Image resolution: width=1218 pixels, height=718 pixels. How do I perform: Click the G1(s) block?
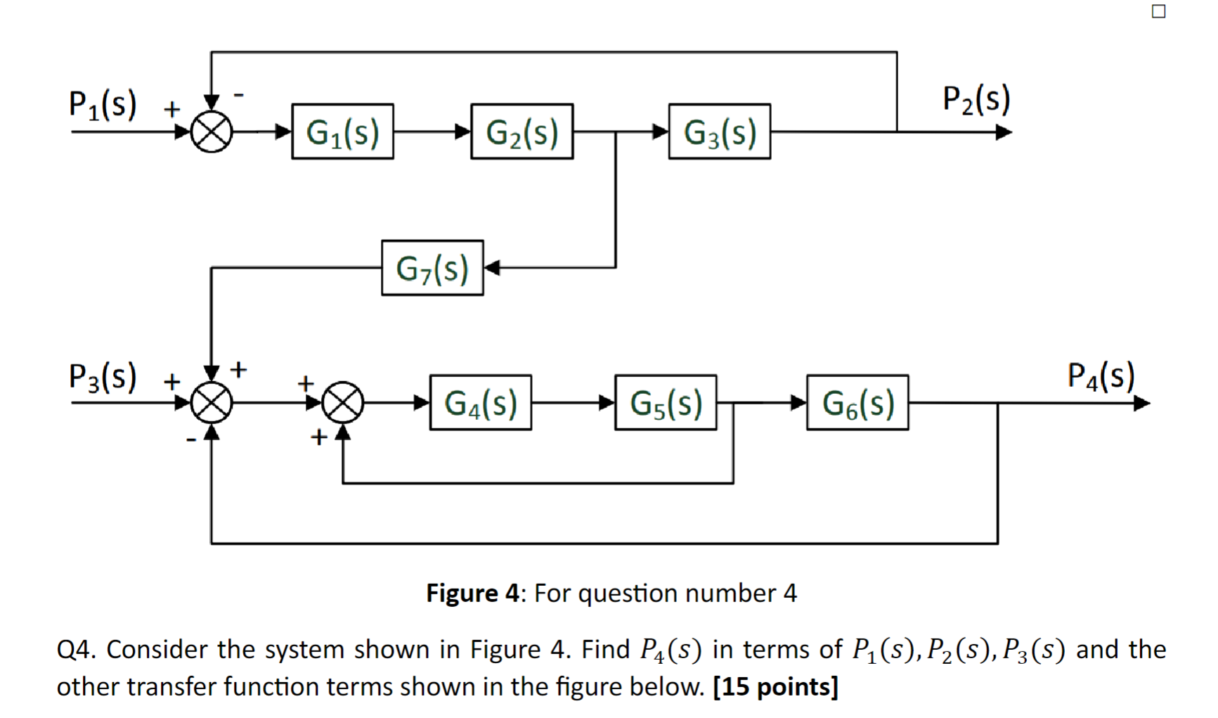pos(342,132)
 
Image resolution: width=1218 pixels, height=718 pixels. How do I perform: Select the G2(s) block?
pos(521,132)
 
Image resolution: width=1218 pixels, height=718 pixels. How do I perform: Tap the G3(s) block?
pos(719,132)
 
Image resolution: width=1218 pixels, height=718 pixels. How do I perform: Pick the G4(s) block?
pos(480,403)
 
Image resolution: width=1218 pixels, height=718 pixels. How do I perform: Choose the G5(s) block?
pos(666,403)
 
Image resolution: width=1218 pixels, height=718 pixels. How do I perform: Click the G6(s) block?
pos(857,403)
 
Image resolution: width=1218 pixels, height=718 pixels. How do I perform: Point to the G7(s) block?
pos(432,268)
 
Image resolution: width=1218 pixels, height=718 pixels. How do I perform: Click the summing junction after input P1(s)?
pos(212,132)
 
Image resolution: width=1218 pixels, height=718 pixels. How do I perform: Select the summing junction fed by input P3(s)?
pos(212,403)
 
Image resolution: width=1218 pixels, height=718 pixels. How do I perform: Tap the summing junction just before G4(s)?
pos(342,403)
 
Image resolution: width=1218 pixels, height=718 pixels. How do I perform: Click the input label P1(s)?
pos(103,105)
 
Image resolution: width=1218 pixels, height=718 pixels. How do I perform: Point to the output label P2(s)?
pos(976,99)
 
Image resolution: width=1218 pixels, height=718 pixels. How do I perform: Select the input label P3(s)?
pos(103,376)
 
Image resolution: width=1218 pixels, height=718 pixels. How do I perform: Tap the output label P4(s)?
pos(1101,376)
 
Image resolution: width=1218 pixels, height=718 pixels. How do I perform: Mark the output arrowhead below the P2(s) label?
pos(1004,132)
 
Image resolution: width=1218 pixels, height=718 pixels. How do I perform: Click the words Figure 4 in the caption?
pos(472,593)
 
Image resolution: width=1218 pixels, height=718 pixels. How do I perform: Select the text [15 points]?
pos(775,686)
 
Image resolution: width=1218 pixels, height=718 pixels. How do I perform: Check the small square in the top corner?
pos(1159,11)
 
